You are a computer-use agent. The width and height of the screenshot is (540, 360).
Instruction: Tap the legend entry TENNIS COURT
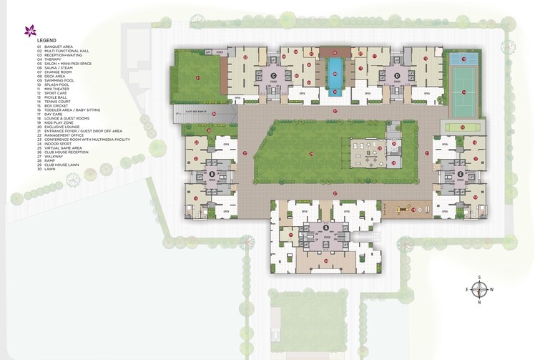tap(56, 98)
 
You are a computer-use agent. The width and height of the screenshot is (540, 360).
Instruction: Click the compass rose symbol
tap(481, 290)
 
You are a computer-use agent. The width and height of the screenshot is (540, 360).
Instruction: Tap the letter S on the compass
tap(481, 278)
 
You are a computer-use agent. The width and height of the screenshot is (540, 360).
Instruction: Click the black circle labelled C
tap(273, 75)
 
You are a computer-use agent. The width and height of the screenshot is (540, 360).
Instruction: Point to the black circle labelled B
tap(212, 174)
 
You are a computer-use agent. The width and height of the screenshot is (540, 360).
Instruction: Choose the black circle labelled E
tap(460, 174)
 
